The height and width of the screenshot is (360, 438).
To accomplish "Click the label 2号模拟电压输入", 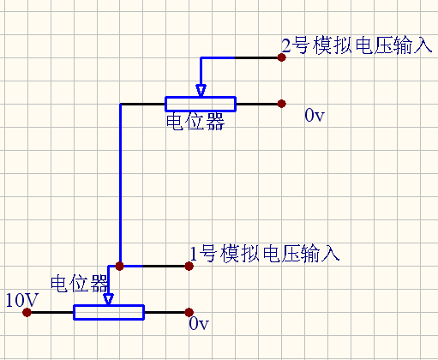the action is [357, 45].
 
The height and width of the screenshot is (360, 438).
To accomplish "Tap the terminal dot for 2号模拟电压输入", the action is [281, 57].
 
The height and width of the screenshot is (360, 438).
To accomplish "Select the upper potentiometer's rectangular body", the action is [201, 104].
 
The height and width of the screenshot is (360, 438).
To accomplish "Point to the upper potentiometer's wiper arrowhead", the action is [201, 91].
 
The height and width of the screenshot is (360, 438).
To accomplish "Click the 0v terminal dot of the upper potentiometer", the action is [281, 104].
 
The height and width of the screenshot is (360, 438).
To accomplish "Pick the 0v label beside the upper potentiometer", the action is [315, 116].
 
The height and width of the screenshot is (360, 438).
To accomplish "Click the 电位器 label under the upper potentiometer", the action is [195, 122].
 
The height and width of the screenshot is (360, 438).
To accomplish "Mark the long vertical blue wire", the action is [121, 184].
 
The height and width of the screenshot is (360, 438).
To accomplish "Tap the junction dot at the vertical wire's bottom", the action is [120, 266].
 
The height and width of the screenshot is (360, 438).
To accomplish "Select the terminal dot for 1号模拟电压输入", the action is [189, 266].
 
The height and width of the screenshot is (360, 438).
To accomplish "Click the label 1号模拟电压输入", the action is [265, 254].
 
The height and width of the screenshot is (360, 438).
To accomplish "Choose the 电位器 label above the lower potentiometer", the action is [80, 284].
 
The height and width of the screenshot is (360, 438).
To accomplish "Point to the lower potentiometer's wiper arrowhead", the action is [108, 299].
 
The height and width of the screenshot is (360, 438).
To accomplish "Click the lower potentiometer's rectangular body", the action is [109, 312].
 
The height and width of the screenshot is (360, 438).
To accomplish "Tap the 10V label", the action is [21, 300].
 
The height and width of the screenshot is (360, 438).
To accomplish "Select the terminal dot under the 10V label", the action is [27, 312].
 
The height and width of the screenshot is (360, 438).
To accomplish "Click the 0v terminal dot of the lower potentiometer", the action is [189, 312].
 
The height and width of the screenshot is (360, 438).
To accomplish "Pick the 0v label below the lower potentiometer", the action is [199, 324].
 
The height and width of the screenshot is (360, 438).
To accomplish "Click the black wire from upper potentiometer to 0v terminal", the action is [257, 104].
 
